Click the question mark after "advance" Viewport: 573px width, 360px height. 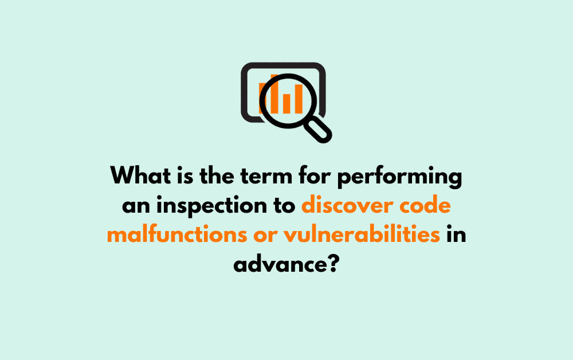tap(331, 264)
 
